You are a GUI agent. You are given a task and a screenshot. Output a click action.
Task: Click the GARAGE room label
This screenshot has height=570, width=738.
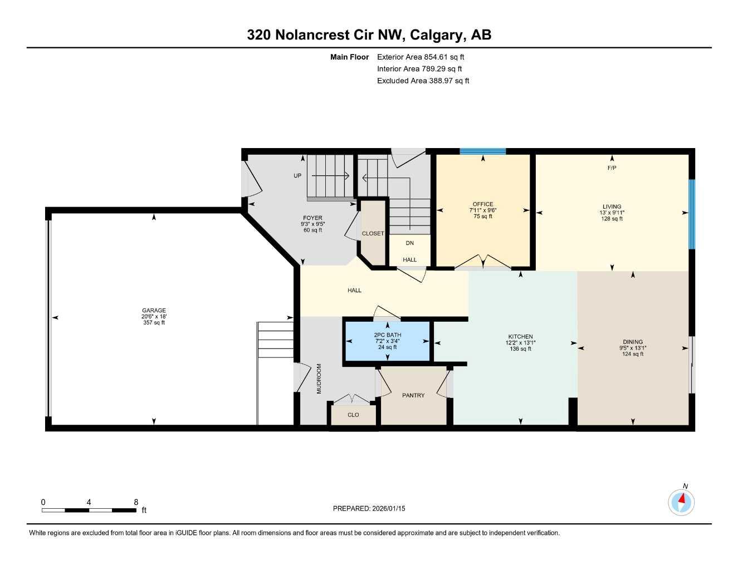[154, 311]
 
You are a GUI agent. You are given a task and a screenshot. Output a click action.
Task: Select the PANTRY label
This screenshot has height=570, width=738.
[413, 395]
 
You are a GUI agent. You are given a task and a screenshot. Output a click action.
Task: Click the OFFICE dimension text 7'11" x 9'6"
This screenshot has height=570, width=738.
[482, 210]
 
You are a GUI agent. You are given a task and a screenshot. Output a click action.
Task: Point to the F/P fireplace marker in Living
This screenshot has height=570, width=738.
[612, 168]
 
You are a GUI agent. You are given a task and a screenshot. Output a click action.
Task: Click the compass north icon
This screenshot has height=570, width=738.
[681, 502]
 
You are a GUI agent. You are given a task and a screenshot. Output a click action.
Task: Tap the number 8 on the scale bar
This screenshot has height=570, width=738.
[136, 502]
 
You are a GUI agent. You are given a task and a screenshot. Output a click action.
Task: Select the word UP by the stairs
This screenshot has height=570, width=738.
[297, 176]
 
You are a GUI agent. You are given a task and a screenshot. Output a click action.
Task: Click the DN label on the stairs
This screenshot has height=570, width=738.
[410, 243]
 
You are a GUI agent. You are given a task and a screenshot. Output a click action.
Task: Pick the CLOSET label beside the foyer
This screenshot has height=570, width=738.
[373, 233]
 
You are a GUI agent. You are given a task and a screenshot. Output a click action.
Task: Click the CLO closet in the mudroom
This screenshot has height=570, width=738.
[353, 415]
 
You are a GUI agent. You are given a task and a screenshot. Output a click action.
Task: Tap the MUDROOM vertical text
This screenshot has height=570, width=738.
[319, 379]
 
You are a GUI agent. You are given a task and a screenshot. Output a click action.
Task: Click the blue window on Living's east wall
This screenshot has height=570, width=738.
[692, 214]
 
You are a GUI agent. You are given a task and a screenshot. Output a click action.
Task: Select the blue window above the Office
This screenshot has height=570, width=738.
[482, 151]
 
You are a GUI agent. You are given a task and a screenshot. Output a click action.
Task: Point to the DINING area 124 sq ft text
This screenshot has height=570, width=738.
[633, 354]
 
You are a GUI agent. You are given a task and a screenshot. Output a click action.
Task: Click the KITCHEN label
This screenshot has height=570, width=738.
[520, 337]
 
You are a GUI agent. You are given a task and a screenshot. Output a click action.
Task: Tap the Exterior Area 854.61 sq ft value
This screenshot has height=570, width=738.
[444, 57]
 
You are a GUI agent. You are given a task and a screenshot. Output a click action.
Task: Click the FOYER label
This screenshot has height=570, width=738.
[312, 218]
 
